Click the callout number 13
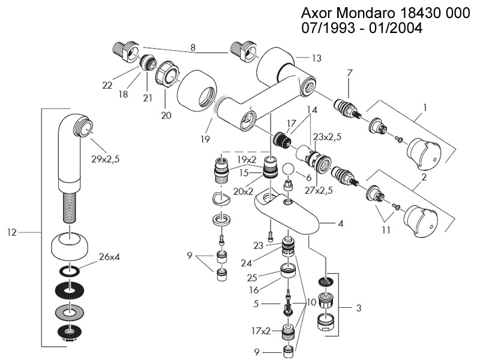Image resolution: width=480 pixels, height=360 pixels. pos(317,58)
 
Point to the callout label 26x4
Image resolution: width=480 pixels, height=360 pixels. pos(110,258)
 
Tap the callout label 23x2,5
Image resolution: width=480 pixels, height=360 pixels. pos(327,137)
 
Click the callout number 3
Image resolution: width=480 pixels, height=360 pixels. pos(358,308)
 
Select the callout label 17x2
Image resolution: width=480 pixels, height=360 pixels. pos(262,330)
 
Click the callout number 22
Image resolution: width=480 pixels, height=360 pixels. pos(107,85)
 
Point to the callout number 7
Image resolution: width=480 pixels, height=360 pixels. pos(349,73)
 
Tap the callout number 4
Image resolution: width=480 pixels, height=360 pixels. pos(340,223)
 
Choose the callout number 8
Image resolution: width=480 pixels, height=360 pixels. pos(193,47)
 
